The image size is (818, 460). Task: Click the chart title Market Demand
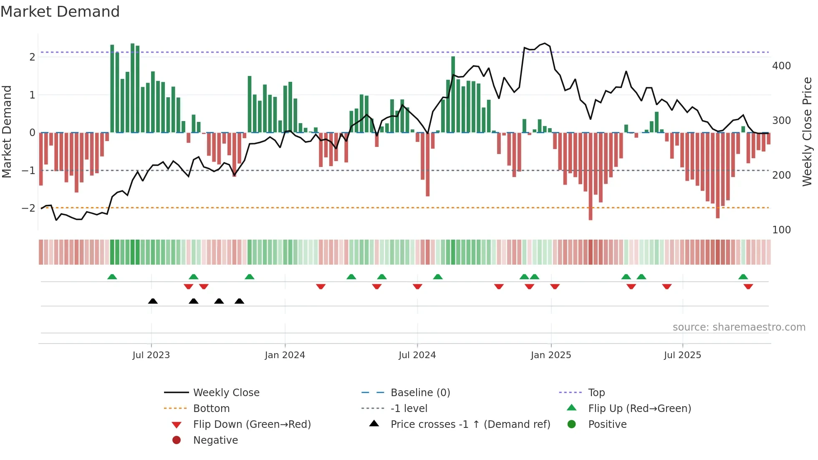pos(60,12)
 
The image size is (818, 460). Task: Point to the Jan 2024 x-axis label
pos(285,355)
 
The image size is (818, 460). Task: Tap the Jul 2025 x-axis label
pos(682,355)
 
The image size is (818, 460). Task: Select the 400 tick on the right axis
pos(781,66)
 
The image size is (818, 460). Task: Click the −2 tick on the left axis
pos(28,208)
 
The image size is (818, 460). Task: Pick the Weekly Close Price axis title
pos(807,131)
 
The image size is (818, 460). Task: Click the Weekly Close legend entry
pos(226,393)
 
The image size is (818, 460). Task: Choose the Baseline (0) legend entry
pos(420,393)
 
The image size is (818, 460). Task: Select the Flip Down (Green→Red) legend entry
pos(252,425)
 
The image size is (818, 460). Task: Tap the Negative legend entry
pos(215,440)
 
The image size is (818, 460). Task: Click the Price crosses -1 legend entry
pos(470,425)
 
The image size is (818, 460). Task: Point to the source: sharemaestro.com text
pos(739,327)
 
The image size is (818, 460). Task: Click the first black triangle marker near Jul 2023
pos(153,301)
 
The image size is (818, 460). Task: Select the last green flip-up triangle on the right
pos(743,277)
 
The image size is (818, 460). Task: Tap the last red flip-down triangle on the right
pos(748,286)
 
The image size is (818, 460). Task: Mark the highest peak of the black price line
pos(545,43)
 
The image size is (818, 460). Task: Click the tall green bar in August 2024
pos(453,94)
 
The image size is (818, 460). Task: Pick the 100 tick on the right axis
pos(781,230)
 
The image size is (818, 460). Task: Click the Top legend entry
pos(596,393)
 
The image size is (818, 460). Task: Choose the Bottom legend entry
pos(211,409)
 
